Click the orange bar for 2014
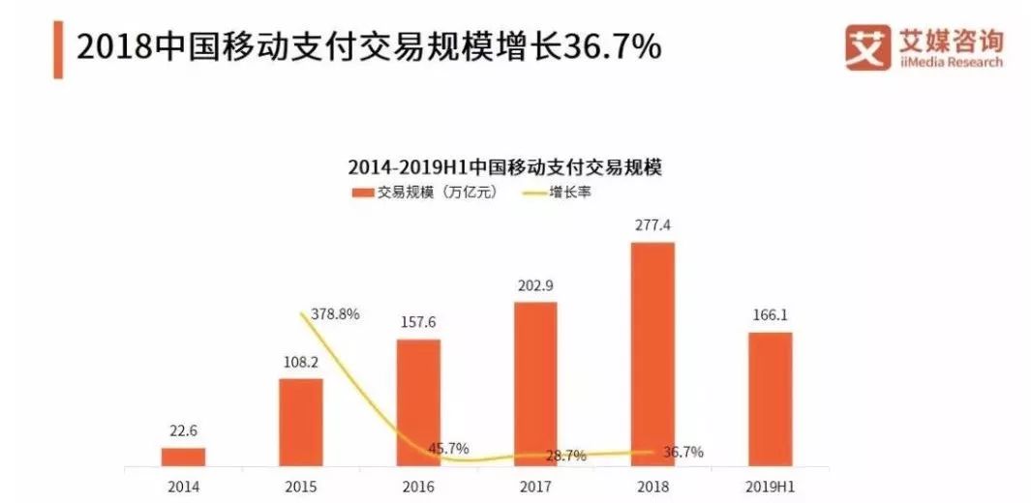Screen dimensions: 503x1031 coord(183,456)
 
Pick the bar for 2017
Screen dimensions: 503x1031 coord(535,383)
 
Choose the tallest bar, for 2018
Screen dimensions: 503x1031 coord(652,353)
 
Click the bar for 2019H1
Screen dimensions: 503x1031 coord(770,398)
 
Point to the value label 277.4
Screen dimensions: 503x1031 coord(652,226)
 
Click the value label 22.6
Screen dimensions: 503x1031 coord(183,432)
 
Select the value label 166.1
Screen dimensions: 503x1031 coord(770,316)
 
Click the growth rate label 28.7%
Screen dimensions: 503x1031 coord(565,455)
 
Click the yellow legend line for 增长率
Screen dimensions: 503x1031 coord(533,192)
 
